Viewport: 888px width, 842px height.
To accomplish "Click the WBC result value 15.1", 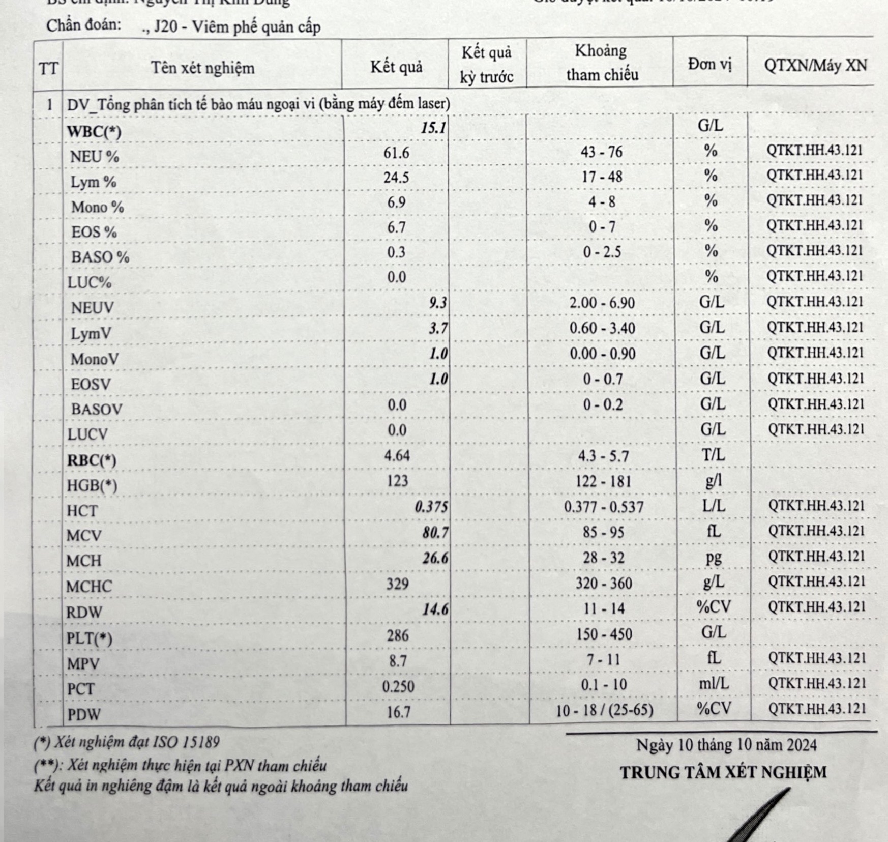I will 433,127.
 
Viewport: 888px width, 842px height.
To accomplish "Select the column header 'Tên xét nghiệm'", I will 202,68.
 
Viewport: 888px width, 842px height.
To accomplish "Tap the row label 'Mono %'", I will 97,207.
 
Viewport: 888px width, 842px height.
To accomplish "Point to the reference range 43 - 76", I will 601,152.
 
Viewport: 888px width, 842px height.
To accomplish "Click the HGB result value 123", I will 397,481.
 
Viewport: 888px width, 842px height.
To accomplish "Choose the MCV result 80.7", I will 435,533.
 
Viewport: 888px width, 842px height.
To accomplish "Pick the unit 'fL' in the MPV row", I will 714,658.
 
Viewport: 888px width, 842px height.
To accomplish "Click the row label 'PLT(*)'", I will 90,638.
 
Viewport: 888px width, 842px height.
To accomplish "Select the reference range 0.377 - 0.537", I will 604,507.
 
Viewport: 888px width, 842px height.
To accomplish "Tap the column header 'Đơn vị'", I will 709,64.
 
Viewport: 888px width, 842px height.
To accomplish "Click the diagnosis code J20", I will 165,26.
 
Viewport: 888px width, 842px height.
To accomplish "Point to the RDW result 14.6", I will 435,609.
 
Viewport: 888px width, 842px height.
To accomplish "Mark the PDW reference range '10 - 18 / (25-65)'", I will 604,710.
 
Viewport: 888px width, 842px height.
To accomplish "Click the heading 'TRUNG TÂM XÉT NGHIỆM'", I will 723,772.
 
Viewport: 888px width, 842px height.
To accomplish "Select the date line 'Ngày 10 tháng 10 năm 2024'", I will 726,745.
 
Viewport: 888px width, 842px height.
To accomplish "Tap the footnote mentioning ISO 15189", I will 127,742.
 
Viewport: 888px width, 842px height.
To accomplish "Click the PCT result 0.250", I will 398,686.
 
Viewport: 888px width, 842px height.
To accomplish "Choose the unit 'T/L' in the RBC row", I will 713,455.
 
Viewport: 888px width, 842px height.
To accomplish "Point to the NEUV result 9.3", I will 437,303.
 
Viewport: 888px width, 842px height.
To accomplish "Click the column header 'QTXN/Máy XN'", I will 815,66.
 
